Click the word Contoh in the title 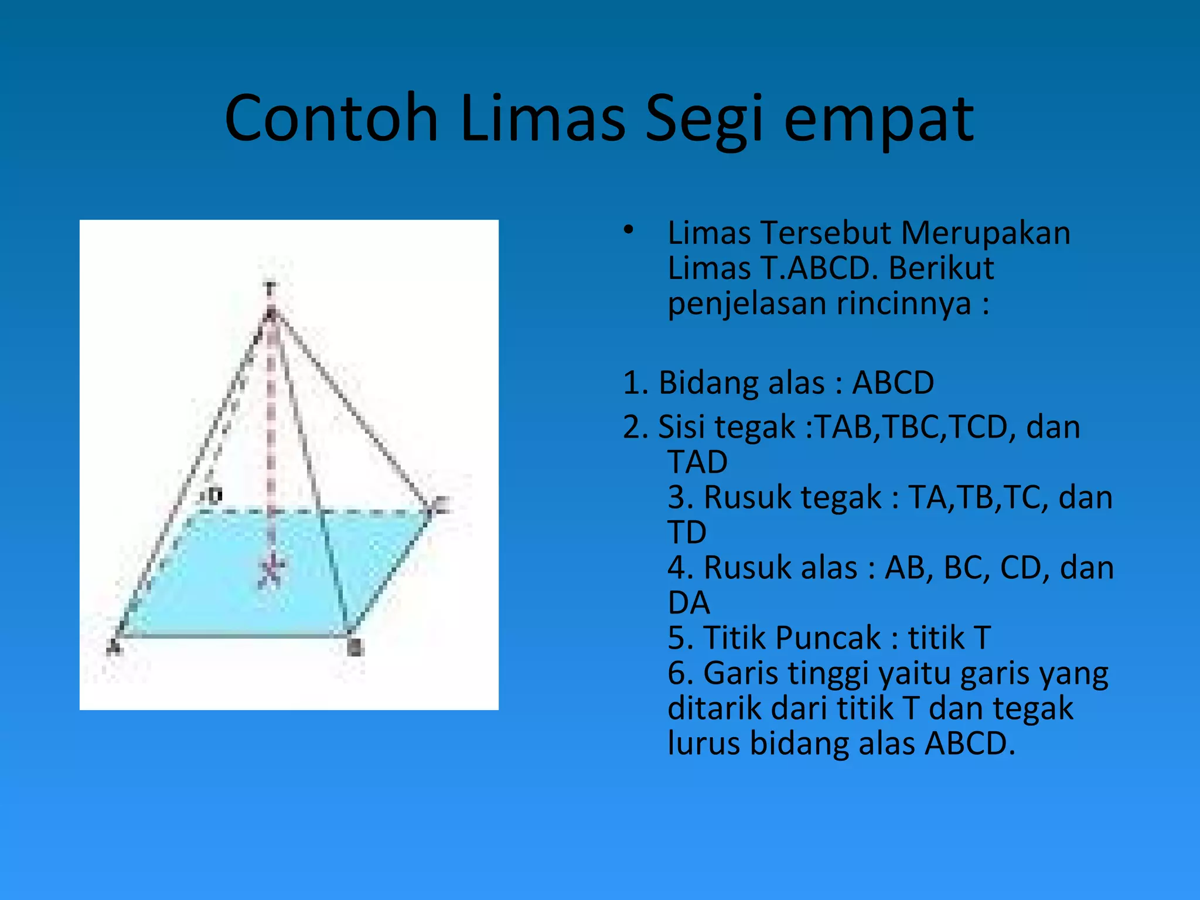[x=331, y=119]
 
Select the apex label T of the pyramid [x=270, y=289]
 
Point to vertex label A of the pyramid [x=114, y=648]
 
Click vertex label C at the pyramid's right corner [x=442, y=504]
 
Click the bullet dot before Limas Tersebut [x=628, y=230]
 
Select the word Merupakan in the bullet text [x=986, y=233]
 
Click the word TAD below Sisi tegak [x=697, y=462]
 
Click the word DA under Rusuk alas [x=688, y=603]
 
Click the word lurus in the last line [x=704, y=744]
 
